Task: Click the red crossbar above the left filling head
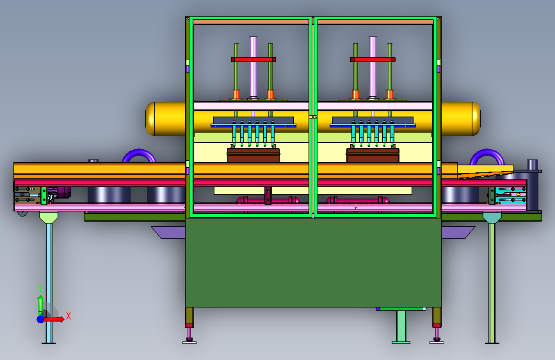253,60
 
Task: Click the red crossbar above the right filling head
373,60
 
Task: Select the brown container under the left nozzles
253,155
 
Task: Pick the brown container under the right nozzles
373,155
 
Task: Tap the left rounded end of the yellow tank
150,119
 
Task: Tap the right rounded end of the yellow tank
476,119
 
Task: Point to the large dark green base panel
313,263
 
